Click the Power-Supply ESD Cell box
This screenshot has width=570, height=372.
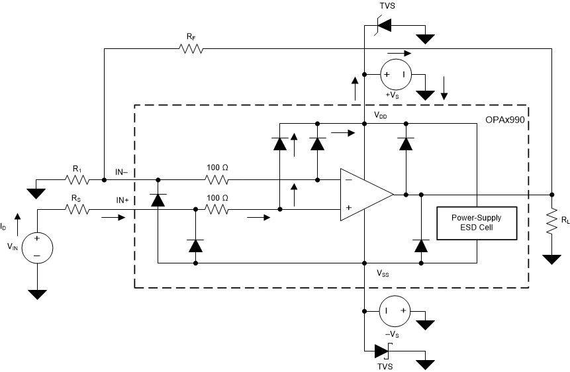tap(475, 223)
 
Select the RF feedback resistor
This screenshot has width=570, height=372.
tap(191, 48)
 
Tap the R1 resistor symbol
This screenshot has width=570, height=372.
tap(76, 179)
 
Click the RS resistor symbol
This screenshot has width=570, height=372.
tap(76, 209)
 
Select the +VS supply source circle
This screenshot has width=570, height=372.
tap(395, 75)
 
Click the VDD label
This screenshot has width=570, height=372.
tap(381, 115)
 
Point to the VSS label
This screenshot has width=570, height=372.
tap(383, 273)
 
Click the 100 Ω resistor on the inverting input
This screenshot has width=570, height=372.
tap(217, 179)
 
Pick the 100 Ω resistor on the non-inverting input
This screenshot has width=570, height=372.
tap(217, 209)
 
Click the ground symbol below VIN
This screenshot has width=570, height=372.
tap(38, 294)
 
